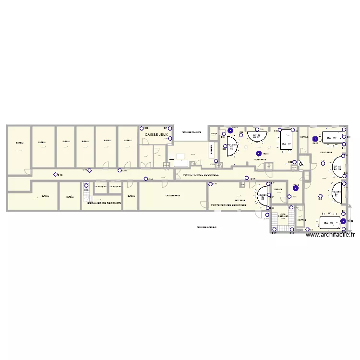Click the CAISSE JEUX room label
[x=156, y=135]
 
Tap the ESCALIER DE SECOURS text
[x=104, y=204]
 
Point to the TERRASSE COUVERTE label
[x=191, y=132]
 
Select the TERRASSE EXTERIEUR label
[x=206, y=228]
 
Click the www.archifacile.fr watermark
[x=330, y=235]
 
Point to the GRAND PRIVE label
[x=327, y=153]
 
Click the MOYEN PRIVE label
[x=260, y=159]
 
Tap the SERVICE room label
[x=278, y=189]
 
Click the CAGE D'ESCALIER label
[x=284, y=216]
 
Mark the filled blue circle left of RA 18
[x=315, y=139]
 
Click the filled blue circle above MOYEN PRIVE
[x=259, y=154]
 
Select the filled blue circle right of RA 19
[x=343, y=221]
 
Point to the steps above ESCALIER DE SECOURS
[x=86, y=190]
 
